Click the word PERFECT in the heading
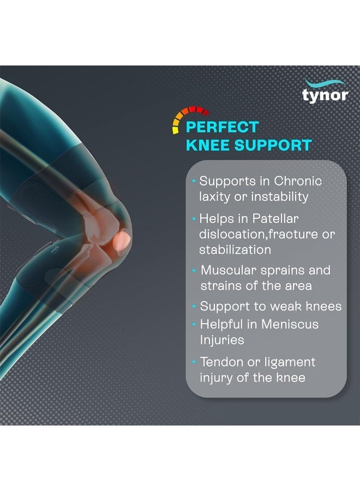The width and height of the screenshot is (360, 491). tap(222, 128)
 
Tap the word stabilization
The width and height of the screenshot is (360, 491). tap(235, 250)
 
